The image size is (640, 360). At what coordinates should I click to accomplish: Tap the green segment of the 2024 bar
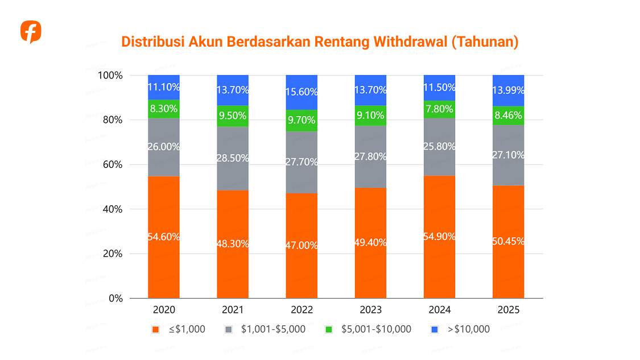point(439,109)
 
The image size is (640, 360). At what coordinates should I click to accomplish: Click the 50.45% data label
point(508,241)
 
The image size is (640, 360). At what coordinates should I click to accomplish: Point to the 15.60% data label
point(302,92)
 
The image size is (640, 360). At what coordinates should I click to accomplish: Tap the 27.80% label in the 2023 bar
point(370,156)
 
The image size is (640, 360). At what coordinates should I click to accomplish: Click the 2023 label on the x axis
point(370,310)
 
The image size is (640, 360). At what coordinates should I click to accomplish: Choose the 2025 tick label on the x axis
point(508,310)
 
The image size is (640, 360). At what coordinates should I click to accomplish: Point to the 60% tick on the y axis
point(110,165)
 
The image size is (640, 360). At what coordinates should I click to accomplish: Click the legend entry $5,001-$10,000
point(375,329)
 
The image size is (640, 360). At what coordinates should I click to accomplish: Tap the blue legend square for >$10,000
point(435,329)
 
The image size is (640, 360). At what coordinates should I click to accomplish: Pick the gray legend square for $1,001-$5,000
point(228,329)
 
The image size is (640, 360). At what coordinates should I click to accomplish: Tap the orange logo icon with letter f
point(31,32)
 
